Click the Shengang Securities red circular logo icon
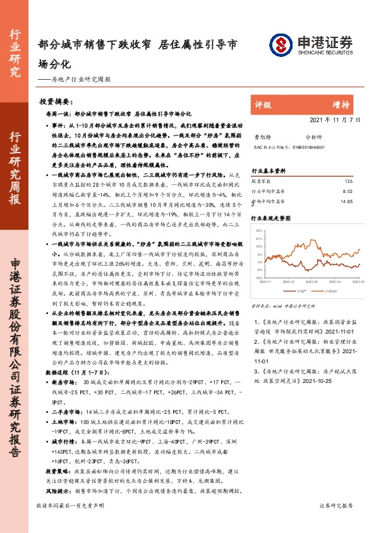[281, 44]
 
